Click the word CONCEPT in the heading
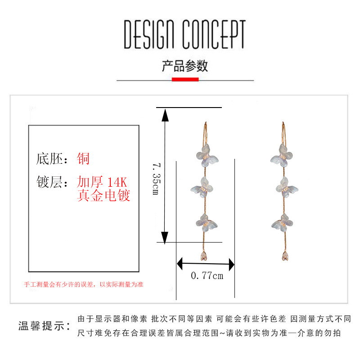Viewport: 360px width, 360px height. [x=214, y=35]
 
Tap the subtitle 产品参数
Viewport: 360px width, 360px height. [x=185, y=66]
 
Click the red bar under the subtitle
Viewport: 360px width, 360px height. [x=185, y=80]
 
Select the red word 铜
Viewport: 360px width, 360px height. [x=84, y=158]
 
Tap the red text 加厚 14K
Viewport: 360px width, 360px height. [x=103, y=183]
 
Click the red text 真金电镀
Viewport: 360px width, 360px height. [x=103, y=196]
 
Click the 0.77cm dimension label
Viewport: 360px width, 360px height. [x=207, y=276]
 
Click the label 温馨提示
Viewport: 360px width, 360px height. [x=44, y=326]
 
